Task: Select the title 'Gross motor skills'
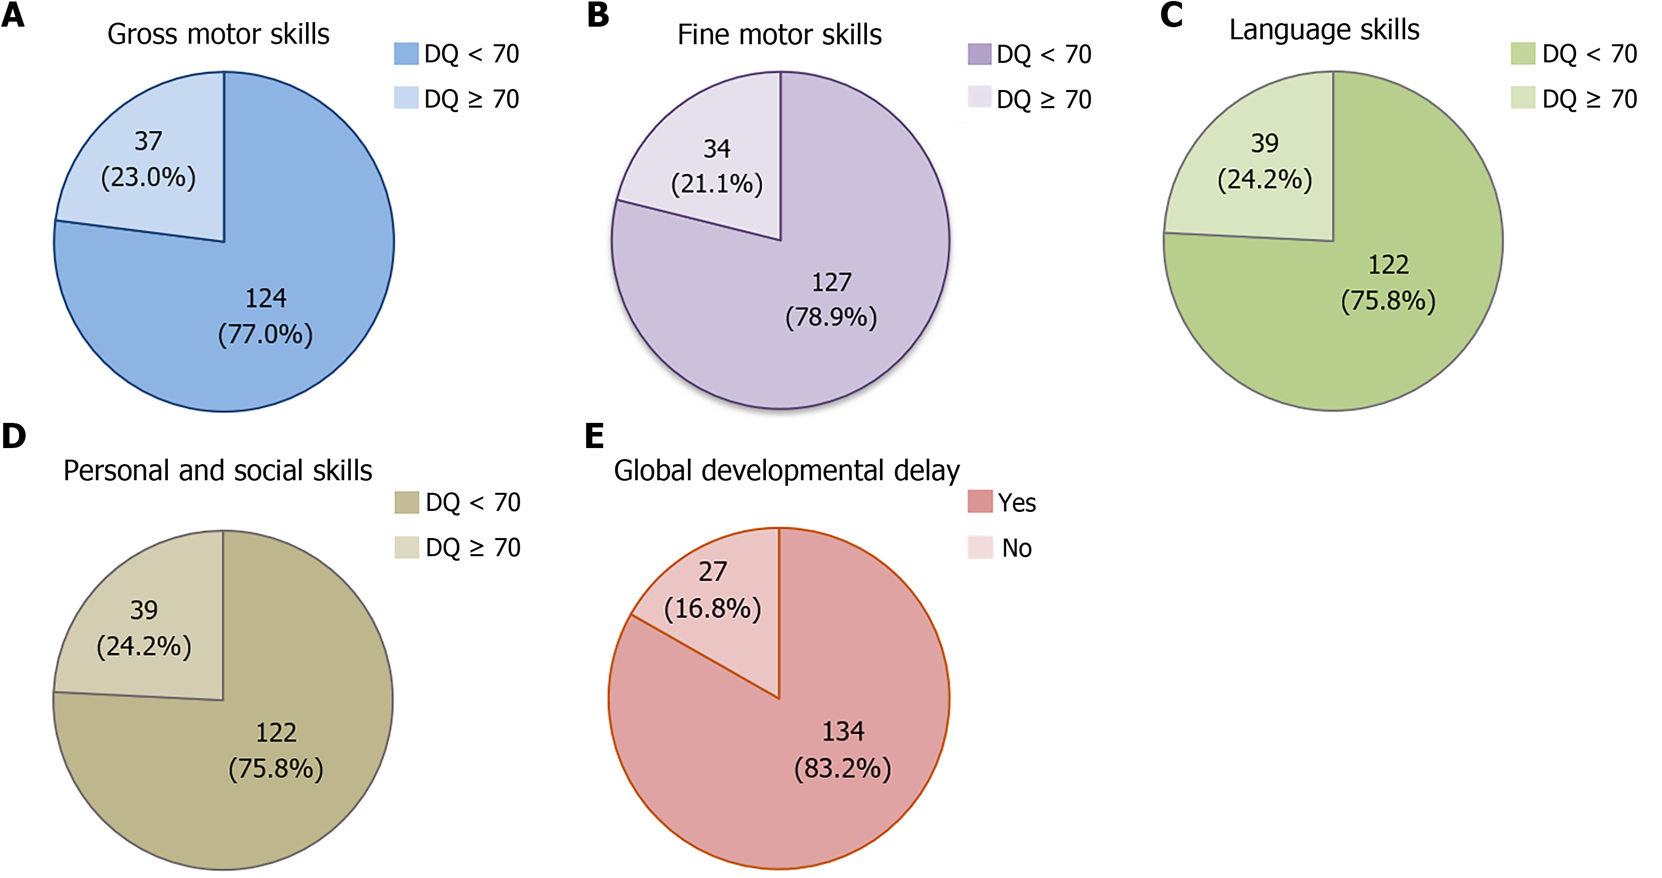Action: pos(218,34)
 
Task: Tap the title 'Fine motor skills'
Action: pos(779,35)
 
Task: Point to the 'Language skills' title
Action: pos(1324,30)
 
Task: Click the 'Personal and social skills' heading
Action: pos(218,471)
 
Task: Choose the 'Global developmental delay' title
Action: pos(787,471)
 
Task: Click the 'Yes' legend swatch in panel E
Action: pos(980,502)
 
